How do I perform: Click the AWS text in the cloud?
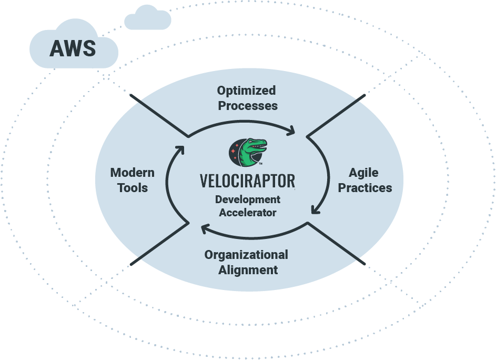73,48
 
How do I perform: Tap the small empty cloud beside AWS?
148,19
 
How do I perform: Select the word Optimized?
246,91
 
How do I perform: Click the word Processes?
248,106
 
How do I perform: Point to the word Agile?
363,173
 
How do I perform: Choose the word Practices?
365,188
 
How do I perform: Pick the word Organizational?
246,255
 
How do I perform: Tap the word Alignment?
248,270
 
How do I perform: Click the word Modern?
132,173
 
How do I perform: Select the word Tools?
133,188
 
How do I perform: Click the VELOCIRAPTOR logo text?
247,181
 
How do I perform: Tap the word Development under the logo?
247,200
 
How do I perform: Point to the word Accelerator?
247,213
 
